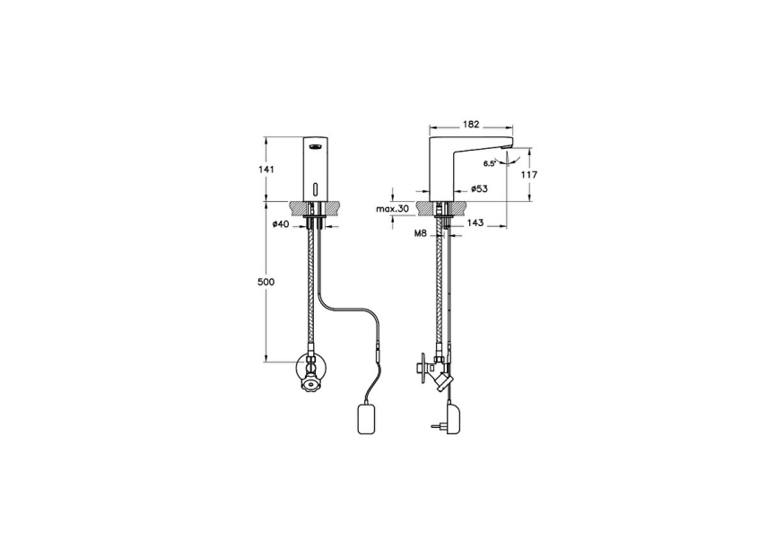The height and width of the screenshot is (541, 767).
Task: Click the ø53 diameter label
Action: [x=478, y=189]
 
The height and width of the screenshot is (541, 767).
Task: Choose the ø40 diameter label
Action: [x=279, y=223]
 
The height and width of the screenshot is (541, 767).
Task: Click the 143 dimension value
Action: [x=475, y=223]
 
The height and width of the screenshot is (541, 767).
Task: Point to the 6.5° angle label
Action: [x=490, y=163]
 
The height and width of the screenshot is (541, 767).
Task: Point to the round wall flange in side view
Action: [x=422, y=366]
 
